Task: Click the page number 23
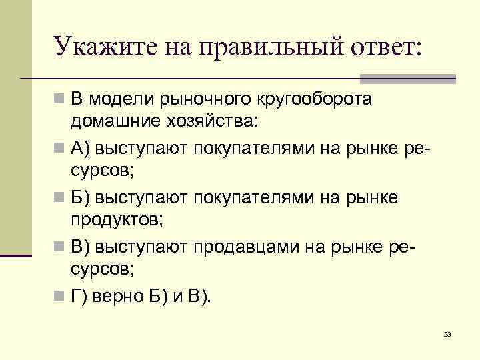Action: click(447, 333)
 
